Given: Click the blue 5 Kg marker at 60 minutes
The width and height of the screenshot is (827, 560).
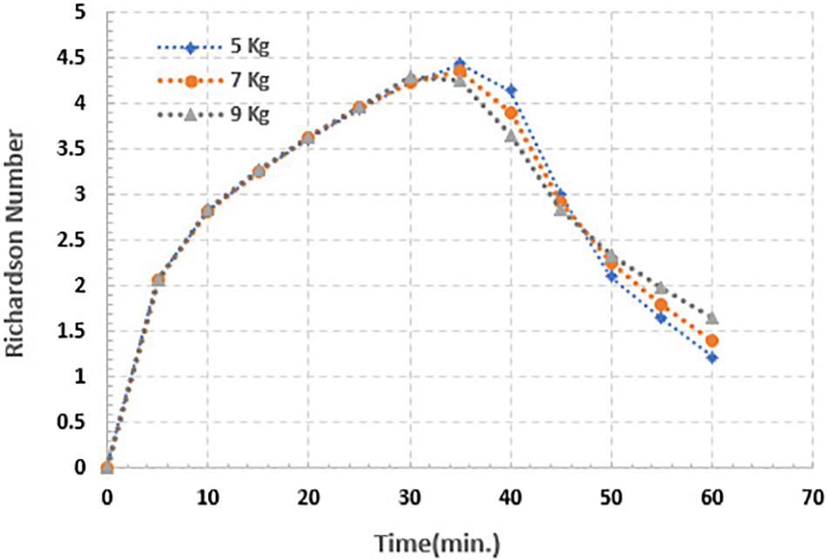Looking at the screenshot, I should click(712, 358).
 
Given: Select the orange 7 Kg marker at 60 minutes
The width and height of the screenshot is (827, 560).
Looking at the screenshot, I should click(712, 341).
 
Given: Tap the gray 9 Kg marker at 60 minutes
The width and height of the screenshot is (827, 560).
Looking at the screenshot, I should click(712, 318).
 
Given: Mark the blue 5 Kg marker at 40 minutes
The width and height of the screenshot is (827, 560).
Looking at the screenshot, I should click(511, 91).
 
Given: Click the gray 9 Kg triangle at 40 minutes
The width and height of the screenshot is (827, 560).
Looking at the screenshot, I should click(511, 137).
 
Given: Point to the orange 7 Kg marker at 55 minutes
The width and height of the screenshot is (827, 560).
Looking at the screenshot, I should click(662, 305).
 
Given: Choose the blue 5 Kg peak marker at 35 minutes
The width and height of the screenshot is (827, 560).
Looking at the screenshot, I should click(460, 64).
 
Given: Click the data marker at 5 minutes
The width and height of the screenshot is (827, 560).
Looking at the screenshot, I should click(158, 280).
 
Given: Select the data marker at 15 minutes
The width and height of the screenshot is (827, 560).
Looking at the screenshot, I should click(258, 172).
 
